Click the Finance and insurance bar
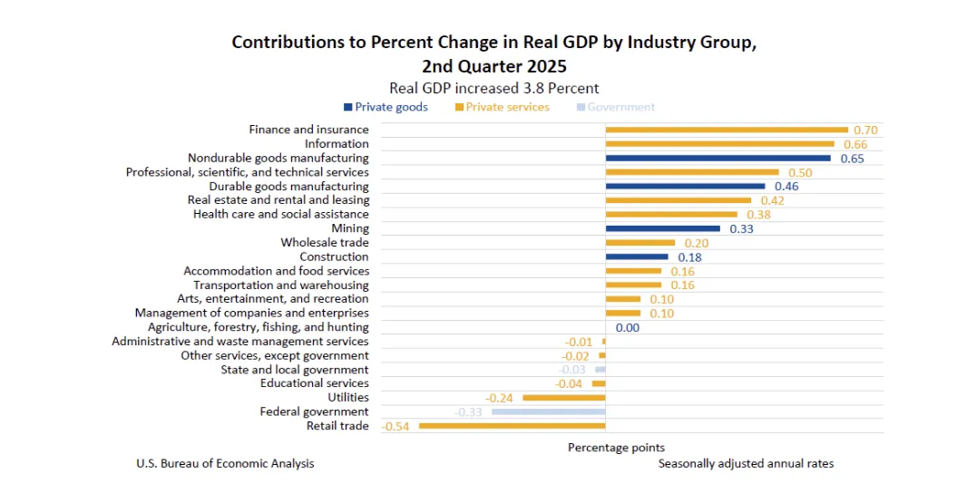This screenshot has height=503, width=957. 726,130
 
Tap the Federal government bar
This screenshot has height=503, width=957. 548,411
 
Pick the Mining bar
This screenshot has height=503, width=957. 662,228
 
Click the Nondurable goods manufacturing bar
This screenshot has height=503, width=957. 718,158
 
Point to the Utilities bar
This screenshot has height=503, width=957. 563,398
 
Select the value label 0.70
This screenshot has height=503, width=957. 865,130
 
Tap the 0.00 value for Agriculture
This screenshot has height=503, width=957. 628,327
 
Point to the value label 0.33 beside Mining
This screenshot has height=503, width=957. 741,228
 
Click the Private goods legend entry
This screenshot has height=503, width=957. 386,107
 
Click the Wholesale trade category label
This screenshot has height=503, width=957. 325,243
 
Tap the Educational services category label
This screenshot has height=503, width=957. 314,383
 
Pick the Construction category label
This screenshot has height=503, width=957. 334,256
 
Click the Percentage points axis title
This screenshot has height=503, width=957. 616,448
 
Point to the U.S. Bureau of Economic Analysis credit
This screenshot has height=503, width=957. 225,463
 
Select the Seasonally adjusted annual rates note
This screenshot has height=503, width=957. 746,463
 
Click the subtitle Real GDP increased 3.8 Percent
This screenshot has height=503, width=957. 493,88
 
